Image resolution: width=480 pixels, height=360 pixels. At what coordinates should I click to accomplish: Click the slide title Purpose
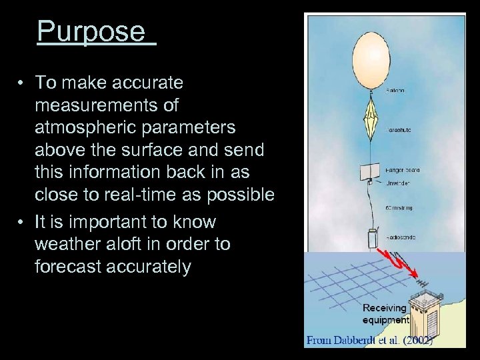pyautogui.click(x=91, y=31)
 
